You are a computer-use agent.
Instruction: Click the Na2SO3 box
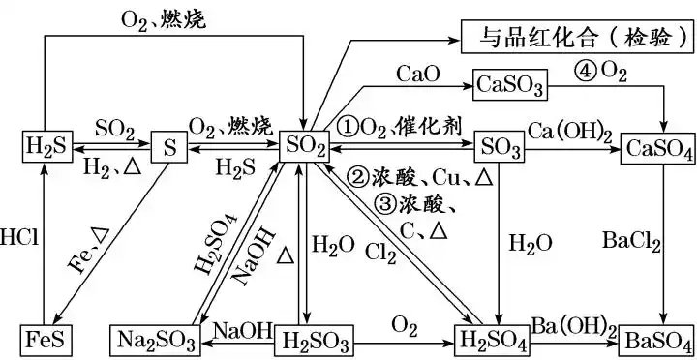click(x=154, y=340)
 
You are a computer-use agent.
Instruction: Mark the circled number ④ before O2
click(x=585, y=71)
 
